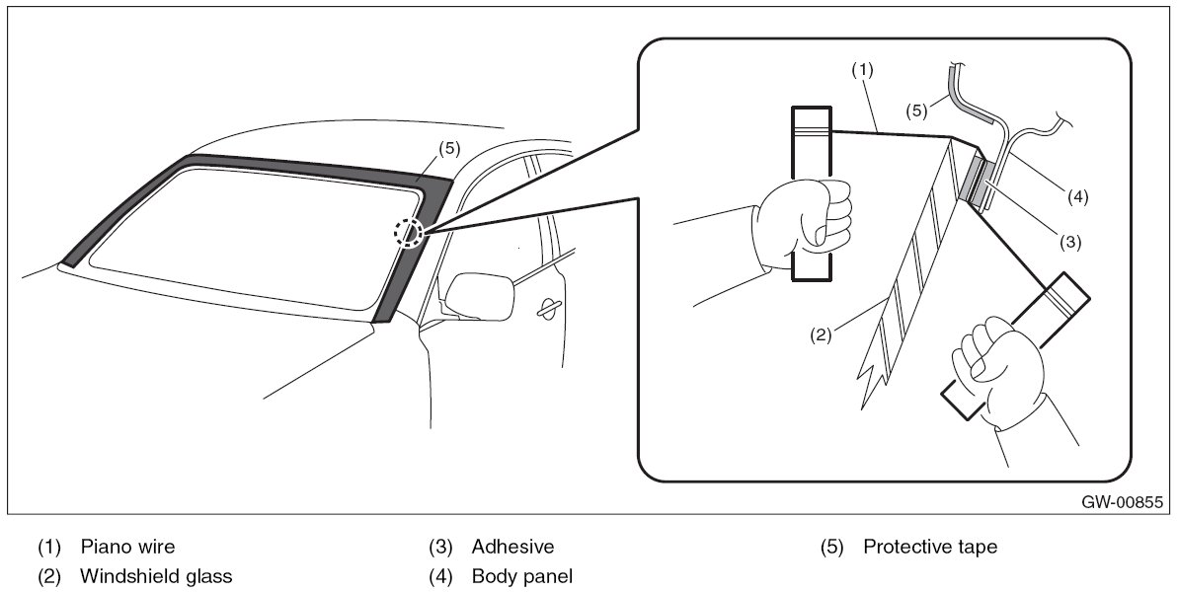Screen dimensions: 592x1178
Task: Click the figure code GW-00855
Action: pos(1121,502)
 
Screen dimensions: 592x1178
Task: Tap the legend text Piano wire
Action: pos(127,546)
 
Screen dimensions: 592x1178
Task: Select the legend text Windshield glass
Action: pos(156,576)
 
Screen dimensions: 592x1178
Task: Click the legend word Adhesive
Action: pos(512,546)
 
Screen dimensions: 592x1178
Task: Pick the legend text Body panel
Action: pos(521,576)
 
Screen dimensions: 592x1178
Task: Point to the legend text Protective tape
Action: pos(929,546)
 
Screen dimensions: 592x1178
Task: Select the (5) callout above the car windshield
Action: pos(448,148)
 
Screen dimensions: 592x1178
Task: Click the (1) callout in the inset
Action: pos(862,70)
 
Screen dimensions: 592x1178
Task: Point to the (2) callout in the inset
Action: pos(822,333)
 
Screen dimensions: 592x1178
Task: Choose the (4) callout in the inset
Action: pos(1076,196)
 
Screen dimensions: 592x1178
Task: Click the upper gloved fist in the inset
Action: pos(806,216)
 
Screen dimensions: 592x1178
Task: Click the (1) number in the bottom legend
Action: pos(48,546)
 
